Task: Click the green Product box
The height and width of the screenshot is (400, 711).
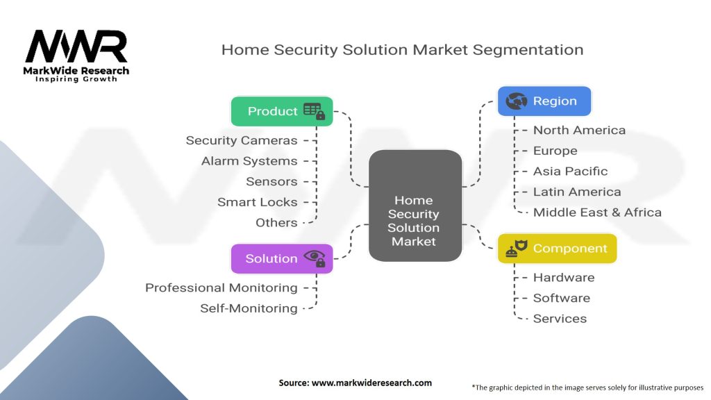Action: tap(281, 111)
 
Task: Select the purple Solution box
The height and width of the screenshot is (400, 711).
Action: tap(281, 258)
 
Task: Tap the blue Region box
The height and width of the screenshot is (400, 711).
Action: tap(544, 101)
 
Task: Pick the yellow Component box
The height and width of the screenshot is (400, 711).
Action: tap(557, 249)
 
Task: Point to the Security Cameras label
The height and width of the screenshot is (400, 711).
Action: tap(242, 140)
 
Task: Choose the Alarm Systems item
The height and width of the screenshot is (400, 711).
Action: tap(249, 161)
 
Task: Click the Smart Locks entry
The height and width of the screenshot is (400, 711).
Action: tap(257, 202)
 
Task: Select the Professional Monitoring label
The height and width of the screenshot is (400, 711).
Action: tap(221, 287)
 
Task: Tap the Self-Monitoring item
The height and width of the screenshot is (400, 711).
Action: tap(249, 308)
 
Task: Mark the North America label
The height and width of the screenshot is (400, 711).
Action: tap(579, 131)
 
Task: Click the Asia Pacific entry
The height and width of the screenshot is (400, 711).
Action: tap(570, 172)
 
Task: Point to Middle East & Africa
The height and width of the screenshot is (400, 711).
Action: tap(597, 212)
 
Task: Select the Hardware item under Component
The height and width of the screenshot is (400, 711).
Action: tap(564, 278)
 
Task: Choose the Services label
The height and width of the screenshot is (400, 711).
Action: tap(560, 319)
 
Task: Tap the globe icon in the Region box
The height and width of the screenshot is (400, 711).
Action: tap(517, 101)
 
